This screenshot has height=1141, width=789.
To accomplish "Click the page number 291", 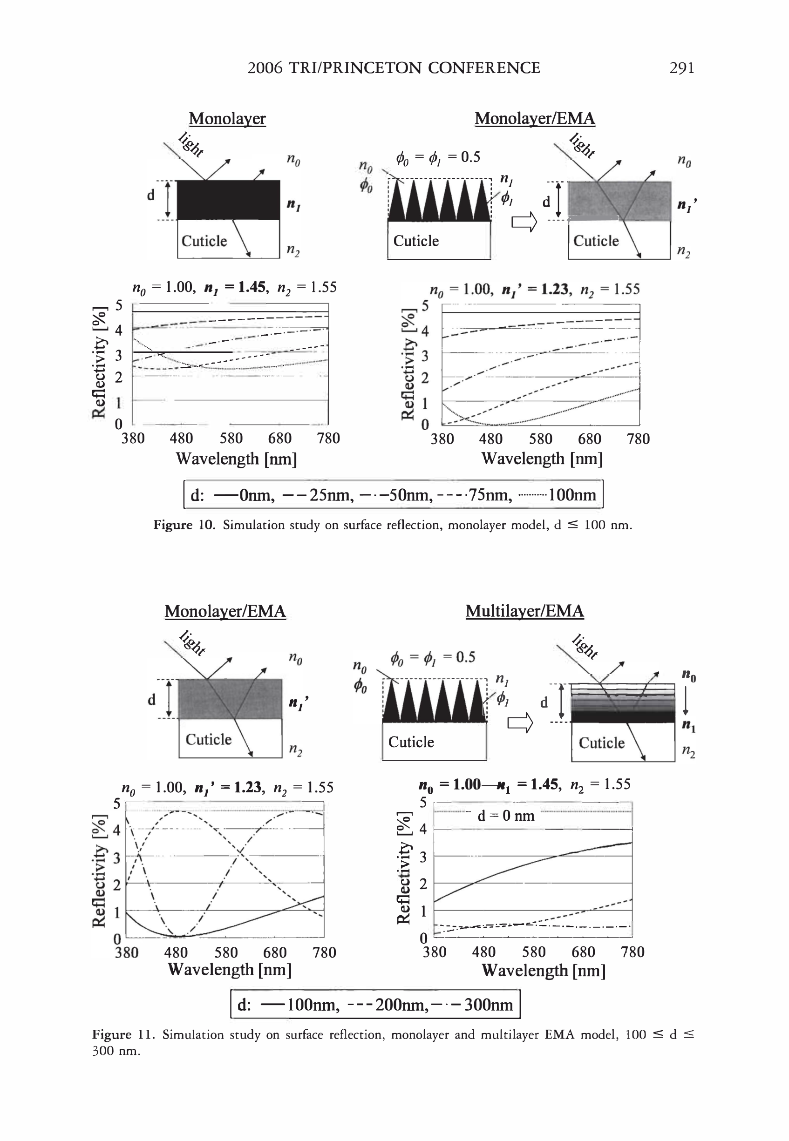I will coord(681,68).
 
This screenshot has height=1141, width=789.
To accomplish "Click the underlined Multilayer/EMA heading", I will coord(524,611).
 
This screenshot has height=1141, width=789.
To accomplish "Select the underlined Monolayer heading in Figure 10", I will coord(227,119).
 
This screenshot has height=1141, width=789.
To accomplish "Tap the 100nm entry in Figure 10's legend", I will coord(572,495).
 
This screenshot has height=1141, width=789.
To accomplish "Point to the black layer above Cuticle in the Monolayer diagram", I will coord(228,200).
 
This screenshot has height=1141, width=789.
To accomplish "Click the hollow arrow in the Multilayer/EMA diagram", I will coord(521,723).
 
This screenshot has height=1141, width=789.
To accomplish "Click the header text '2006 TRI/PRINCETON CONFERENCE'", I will coord(394,68).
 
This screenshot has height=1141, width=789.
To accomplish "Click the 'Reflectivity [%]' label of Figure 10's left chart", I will coord(100,363).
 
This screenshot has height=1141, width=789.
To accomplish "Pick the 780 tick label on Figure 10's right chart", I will coord(638,439).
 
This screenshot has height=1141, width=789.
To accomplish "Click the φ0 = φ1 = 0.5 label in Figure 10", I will coord(437,157).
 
